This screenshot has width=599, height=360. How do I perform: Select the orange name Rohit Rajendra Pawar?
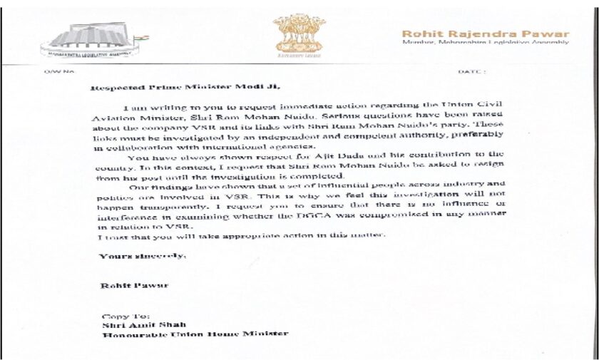[x=485, y=33]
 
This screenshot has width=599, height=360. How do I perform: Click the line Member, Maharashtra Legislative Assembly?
[x=485, y=43]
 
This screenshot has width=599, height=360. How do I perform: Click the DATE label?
[x=472, y=72]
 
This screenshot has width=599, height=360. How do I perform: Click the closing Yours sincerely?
[x=142, y=254]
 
